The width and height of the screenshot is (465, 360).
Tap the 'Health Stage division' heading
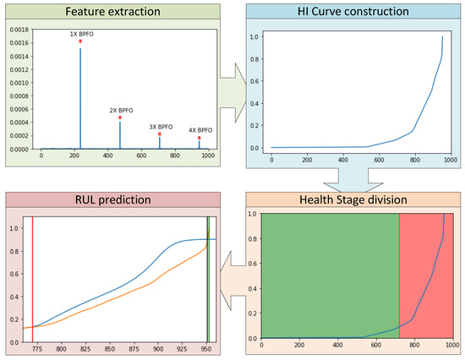click(353, 200)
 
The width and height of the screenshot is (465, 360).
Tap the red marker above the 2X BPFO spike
click(120, 117)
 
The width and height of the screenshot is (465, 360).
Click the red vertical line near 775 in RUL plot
click(33, 279)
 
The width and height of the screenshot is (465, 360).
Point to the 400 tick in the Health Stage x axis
click(338, 346)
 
